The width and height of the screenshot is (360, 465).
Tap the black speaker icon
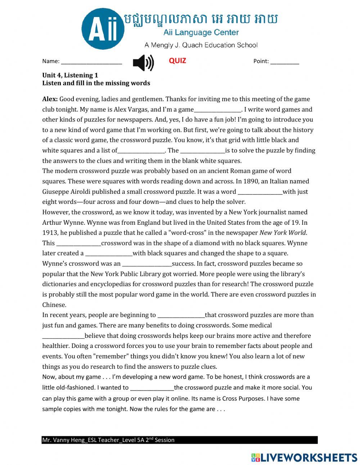[x=143, y=63]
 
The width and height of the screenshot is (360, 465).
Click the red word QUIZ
[x=177, y=61]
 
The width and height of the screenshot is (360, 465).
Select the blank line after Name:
[x=91, y=62]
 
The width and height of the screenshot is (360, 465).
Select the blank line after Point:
[x=284, y=62]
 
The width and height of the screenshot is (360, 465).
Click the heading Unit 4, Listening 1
[x=70, y=75]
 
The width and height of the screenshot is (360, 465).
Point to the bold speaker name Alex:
[x=50, y=99]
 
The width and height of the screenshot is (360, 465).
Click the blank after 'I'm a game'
[x=217, y=110]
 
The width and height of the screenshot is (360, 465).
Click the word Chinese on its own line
[x=54, y=305]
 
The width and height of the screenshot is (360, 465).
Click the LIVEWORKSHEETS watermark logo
[x=304, y=457]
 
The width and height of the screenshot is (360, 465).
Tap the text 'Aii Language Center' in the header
[x=201, y=33]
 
